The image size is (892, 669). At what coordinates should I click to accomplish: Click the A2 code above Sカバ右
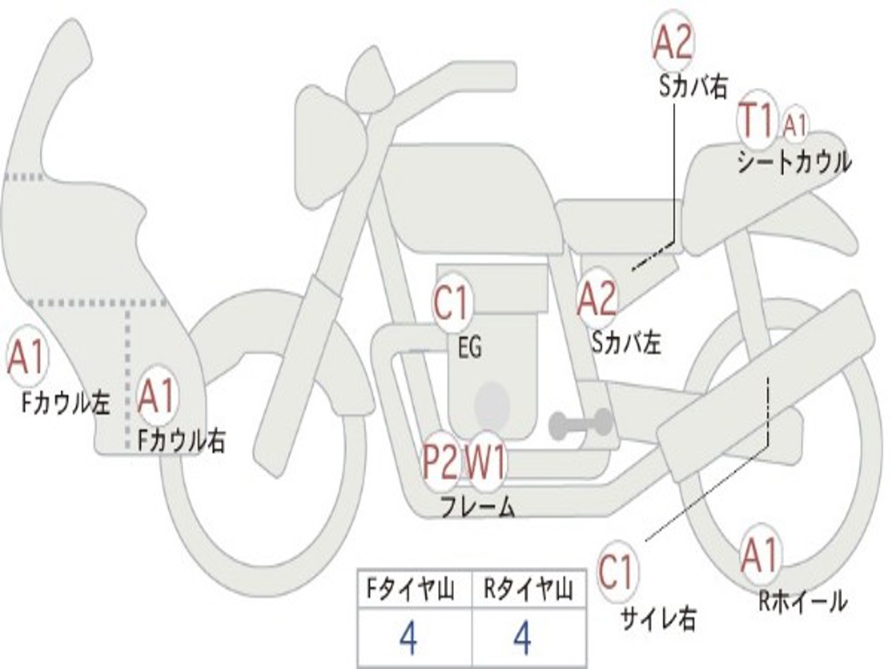673,43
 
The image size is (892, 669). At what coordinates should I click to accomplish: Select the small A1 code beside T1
794,125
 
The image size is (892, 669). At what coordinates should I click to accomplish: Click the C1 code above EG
451,302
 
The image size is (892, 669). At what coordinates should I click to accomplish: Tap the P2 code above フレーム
441,462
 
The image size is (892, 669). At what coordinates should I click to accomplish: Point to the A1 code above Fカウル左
27,357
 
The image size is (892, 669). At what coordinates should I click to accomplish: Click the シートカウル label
794,161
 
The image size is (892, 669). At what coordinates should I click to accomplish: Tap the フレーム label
478,507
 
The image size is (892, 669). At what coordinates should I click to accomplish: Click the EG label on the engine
470,347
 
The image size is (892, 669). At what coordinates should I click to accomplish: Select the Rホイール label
802,601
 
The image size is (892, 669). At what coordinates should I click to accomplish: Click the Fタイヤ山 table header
410,590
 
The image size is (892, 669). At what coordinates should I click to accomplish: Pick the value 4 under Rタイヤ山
523,638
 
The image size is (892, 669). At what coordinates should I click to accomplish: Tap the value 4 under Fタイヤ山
409,638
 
